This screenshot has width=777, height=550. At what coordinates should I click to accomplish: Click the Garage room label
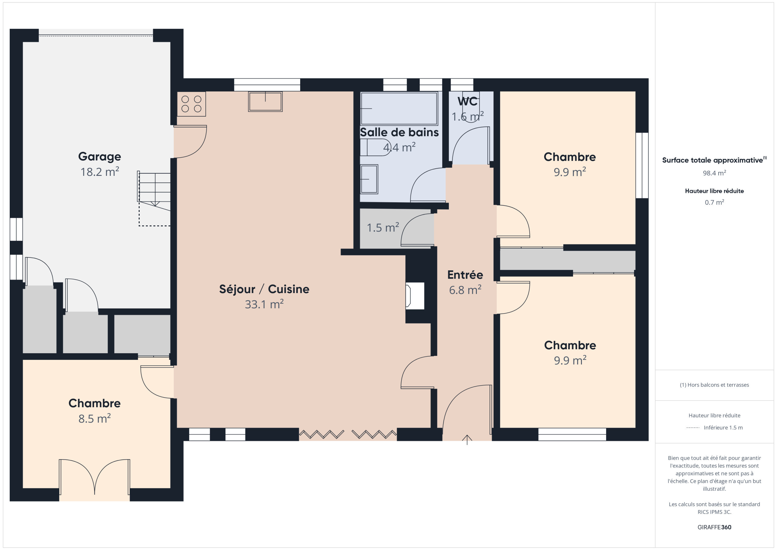click(100, 156)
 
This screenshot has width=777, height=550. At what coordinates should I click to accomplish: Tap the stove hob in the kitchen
click(191, 104)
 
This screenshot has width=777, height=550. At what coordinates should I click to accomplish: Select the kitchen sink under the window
click(265, 102)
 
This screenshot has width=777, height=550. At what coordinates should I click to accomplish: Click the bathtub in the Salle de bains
click(399, 108)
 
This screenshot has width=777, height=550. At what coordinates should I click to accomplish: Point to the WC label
click(467, 101)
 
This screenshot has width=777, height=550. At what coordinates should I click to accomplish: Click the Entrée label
click(465, 275)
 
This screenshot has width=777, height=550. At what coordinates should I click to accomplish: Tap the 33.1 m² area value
click(264, 304)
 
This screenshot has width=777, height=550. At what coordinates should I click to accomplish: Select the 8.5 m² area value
click(95, 418)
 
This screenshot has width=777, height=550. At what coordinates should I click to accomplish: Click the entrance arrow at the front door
click(467, 439)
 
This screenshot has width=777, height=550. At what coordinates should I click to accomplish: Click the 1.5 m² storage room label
click(383, 227)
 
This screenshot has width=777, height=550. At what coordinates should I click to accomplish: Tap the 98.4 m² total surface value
click(714, 173)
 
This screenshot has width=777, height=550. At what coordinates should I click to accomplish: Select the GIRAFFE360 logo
click(714, 527)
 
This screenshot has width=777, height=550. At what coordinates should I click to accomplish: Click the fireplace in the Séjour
click(415, 296)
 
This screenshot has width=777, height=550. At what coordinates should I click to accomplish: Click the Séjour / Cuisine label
click(264, 289)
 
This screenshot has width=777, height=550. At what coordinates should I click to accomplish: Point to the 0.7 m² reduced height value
click(714, 203)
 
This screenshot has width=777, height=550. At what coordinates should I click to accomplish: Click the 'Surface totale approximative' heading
click(714, 160)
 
